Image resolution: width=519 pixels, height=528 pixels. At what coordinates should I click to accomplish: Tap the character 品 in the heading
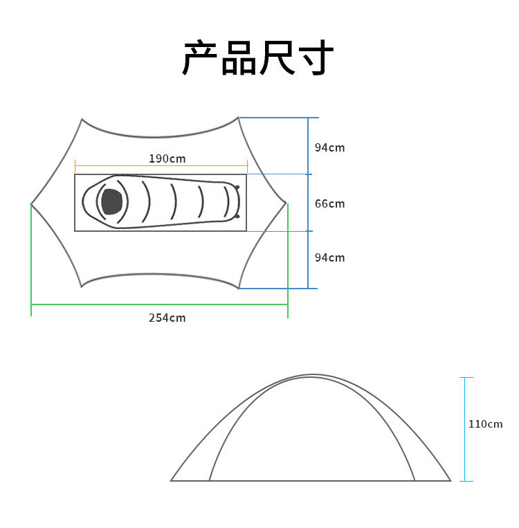[239, 58]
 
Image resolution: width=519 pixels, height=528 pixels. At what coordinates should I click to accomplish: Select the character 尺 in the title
[277, 58]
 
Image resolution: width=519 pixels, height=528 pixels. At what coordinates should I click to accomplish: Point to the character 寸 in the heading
[316, 58]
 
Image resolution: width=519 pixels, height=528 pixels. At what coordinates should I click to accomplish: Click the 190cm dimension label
[167, 158]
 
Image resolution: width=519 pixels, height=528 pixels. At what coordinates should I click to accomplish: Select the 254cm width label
[167, 318]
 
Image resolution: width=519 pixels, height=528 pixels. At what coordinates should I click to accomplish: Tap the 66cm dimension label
[329, 203]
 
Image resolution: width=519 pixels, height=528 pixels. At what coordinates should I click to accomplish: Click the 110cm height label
[486, 424]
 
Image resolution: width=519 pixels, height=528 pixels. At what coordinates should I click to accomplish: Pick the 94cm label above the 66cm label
[329, 147]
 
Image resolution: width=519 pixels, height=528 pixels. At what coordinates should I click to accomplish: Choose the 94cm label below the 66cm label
[329, 257]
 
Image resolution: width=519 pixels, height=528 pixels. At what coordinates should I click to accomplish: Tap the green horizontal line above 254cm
[159, 304]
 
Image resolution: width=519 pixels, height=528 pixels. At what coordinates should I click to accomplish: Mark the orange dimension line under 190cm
[161, 166]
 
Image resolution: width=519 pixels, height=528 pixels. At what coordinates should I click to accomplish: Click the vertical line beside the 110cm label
[466, 429]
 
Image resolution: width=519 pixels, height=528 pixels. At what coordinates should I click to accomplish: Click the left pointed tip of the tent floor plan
[32, 204]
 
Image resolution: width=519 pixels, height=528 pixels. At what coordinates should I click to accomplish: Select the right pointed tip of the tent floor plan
[286, 203]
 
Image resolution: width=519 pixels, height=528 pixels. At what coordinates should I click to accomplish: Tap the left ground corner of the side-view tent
[172, 480]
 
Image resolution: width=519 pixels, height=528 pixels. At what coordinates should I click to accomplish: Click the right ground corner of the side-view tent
[450, 480]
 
